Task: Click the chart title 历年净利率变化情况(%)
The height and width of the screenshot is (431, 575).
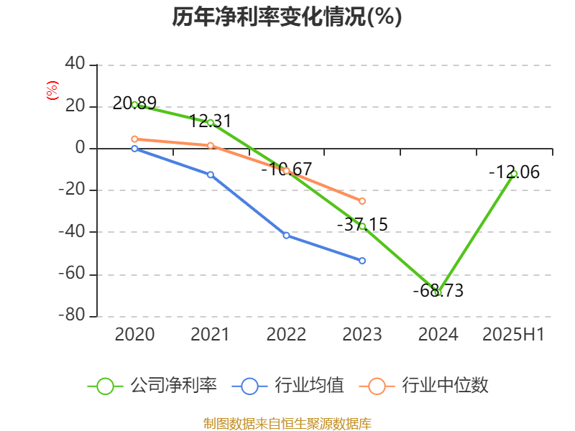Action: (x=287, y=17)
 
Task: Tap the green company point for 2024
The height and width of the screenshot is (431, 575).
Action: (x=438, y=292)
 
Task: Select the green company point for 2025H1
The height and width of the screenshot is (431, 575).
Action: (x=514, y=174)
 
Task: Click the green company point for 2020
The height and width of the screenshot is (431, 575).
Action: (x=134, y=104)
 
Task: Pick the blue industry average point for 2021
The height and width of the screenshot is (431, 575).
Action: (x=211, y=175)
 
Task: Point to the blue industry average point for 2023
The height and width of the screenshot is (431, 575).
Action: (x=362, y=261)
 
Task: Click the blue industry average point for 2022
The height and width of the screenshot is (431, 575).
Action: (x=286, y=235)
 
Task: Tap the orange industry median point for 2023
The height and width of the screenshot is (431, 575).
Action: (x=362, y=201)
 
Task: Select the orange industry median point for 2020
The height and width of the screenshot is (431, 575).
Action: (x=134, y=139)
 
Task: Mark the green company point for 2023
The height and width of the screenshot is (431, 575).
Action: (x=362, y=226)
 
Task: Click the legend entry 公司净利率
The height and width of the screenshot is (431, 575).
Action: (x=152, y=386)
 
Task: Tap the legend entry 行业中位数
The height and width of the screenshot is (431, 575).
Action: (x=428, y=386)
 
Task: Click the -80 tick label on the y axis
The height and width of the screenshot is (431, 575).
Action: (x=71, y=315)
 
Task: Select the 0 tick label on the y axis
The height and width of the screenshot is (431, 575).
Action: (x=80, y=148)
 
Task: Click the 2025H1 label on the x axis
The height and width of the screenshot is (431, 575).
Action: (x=513, y=334)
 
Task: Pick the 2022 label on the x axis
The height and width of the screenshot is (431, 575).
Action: (x=286, y=334)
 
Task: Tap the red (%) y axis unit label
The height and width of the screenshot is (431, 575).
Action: (x=52, y=91)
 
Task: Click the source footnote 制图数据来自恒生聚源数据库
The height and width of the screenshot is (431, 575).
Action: (x=287, y=423)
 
